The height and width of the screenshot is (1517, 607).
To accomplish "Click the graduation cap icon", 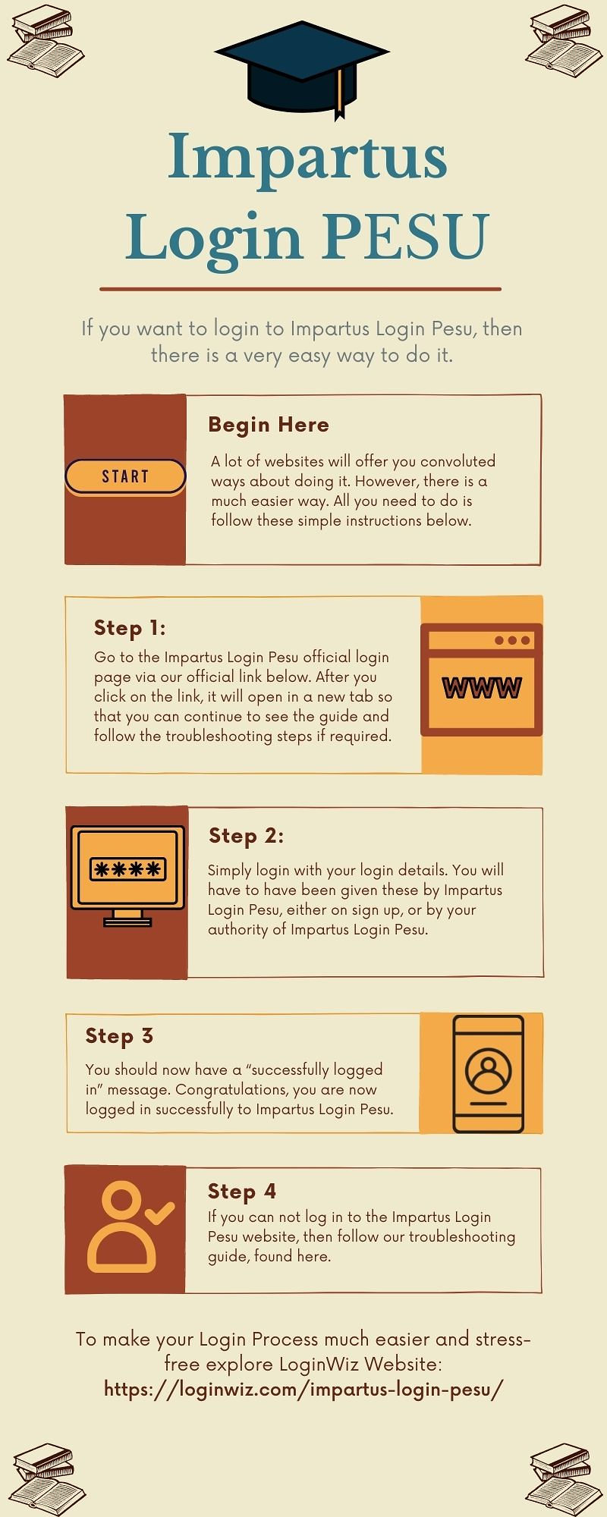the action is (302, 68).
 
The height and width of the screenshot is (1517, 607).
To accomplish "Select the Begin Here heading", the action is (269, 425).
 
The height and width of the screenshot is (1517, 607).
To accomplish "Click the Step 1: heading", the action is (130, 628).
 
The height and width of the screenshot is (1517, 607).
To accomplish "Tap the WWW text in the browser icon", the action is (482, 688).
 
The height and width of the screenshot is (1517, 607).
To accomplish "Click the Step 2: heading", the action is (247, 836).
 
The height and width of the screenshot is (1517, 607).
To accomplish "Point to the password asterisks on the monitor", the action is (127, 869).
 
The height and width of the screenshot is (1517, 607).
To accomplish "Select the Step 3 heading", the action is (119, 1036).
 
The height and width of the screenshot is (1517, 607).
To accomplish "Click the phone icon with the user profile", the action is (488, 1073).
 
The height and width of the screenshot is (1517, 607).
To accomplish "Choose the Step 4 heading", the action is (242, 1192).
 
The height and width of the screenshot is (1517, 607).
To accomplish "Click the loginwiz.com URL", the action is (303, 1389).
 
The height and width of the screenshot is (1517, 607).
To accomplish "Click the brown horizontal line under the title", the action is (300, 289).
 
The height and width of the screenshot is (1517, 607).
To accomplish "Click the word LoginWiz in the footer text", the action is (319, 1364).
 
